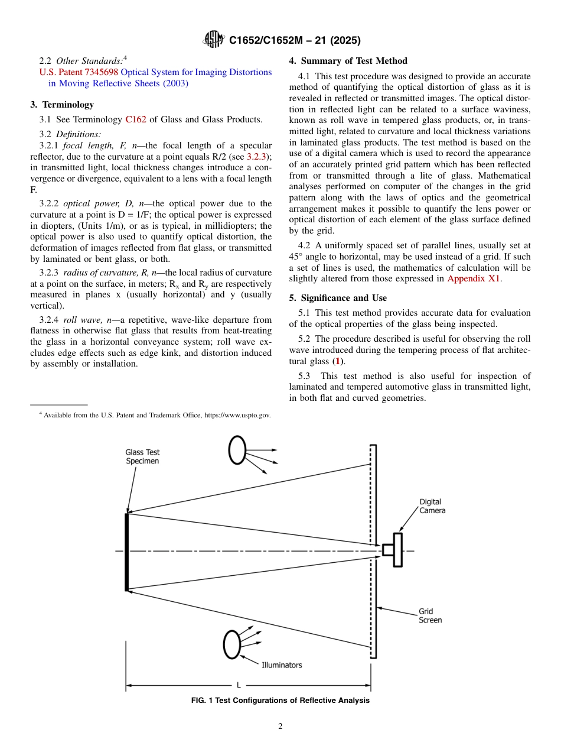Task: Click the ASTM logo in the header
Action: pyautogui.click(x=213, y=40)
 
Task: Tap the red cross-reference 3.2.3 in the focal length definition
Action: pyautogui.click(x=256, y=156)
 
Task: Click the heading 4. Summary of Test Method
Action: pyautogui.click(x=348, y=61)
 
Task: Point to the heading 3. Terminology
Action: pyautogui.click(x=62, y=105)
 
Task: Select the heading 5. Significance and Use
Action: pyautogui.click(x=338, y=298)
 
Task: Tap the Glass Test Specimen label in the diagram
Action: pyautogui.click(x=142, y=456)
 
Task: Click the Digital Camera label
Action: pyautogui.click(x=432, y=506)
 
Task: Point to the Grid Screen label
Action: pyautogui.click(x=430, y=615)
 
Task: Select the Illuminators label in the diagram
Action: pyautogui.click(x=282, y=665)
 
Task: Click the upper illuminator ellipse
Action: pyautogui.click(x=237, y=450)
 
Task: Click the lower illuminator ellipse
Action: pyautogui.click(x=232, y=644)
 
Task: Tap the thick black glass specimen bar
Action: pyautogui.click(x=127, y=552)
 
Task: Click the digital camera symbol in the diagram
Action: pyautogui.click(x=393, y=550)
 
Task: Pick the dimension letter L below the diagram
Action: pyautogui.click(x=239, y=685)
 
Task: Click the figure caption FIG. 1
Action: pyautogui.click(x=280, y=701)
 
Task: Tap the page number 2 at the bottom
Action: pyautogui.click(x=280, y=727)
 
